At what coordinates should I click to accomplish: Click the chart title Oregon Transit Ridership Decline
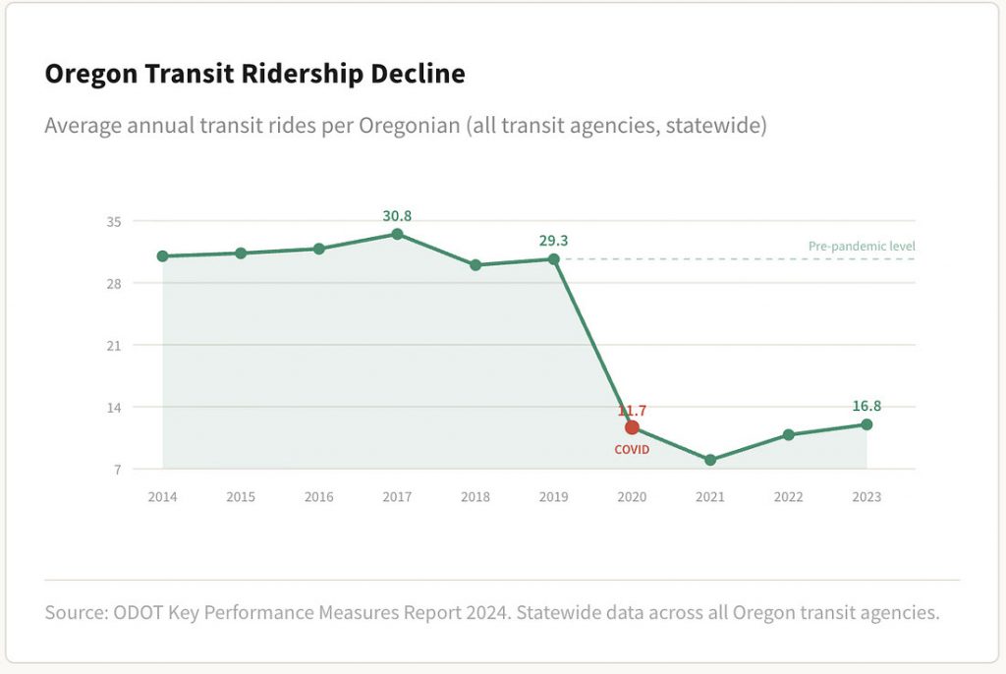[254, 75]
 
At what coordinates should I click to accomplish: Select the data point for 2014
[162, 256]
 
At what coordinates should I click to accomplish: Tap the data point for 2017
[397, 234]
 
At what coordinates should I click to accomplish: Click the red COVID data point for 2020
[632, 427]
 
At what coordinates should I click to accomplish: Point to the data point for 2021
[710, 460]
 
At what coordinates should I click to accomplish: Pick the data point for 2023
[866, 424]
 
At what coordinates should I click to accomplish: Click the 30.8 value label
[397, 215]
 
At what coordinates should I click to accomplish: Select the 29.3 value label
[553, 240]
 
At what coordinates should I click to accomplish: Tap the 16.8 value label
[866, 406]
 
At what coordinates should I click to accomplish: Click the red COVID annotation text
[632, 449]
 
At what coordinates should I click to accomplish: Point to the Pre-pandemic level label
[862, 247]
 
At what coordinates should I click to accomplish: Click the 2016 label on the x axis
[318, 497]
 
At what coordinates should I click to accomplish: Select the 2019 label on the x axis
[553, 497]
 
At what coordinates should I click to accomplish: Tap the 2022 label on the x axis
[788, 497]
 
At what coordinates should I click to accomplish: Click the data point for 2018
[475, 265]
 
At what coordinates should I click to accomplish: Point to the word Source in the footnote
[75, 613]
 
